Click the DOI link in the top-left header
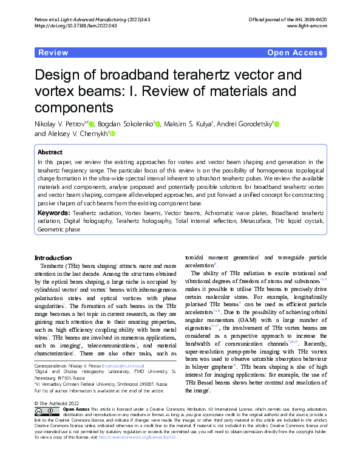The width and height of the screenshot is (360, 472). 66,26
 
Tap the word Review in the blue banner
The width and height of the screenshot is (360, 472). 53,53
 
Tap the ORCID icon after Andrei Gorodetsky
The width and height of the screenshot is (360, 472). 276,124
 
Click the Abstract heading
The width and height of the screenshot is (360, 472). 50,152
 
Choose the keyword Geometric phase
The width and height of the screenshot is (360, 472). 59,230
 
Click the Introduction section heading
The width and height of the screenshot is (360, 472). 53,258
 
